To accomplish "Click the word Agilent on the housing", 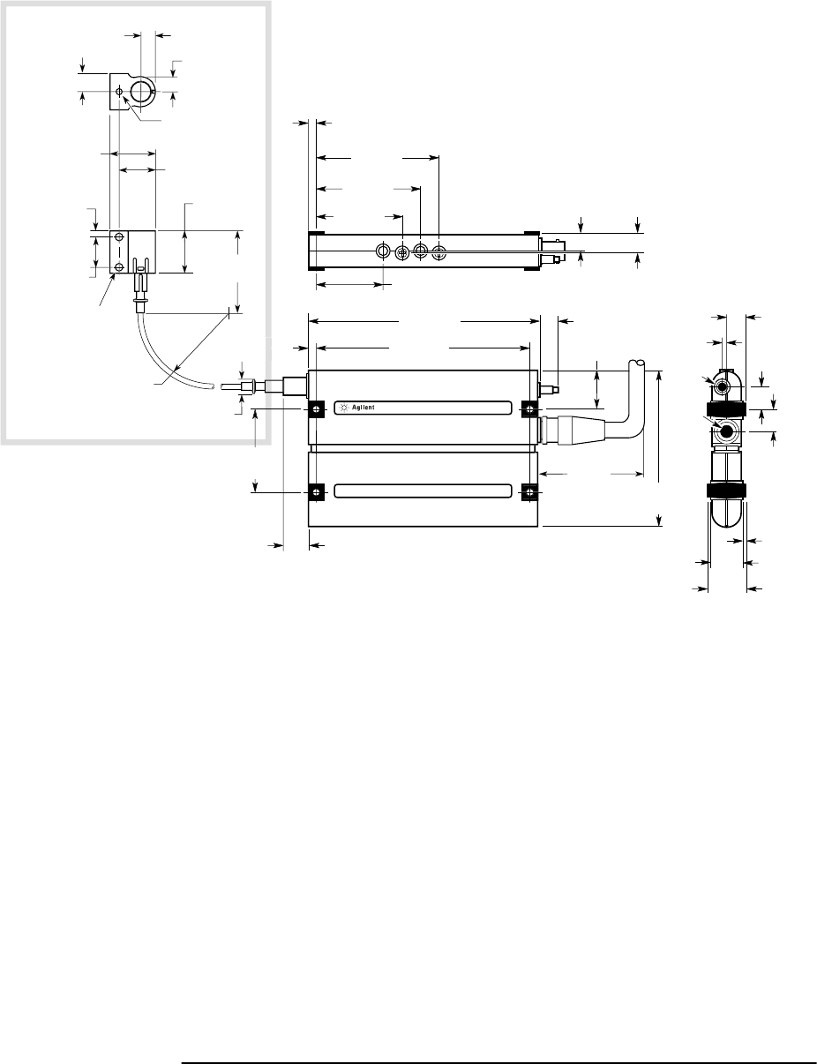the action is pyautogui.click(x=364, y=408).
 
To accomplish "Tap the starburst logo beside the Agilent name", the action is pyautogui.click(x=345, y=408).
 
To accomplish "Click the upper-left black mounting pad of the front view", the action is pyautogui.click(x=316, y=408).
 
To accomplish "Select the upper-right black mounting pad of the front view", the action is pyautogui.click(x=529, y=408).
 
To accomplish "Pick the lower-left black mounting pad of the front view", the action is pyautogui.click(x=316, y=492).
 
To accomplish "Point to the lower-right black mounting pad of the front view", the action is pyautogui.click(x=529, y=492).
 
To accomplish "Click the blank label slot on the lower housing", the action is pyautogui.click(x=423, y=491).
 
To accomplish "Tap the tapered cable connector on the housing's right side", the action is pyautogui.click(x=572, y=431).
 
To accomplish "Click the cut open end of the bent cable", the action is pyautogui.click(x=636, y=363).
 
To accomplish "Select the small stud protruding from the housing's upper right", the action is pyautogui.click(x=549, y=389).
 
